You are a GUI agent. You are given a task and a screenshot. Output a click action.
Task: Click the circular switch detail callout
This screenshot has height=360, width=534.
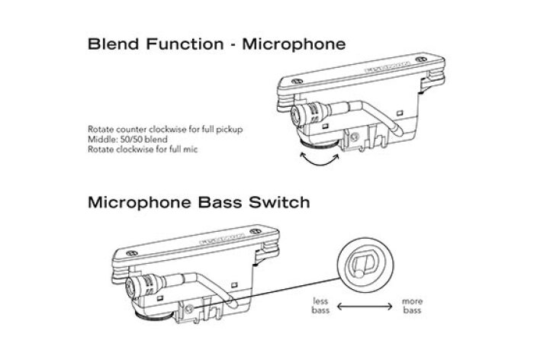tap(364, 265)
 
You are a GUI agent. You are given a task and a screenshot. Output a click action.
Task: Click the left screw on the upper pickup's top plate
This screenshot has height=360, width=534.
tap(296, 77)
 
